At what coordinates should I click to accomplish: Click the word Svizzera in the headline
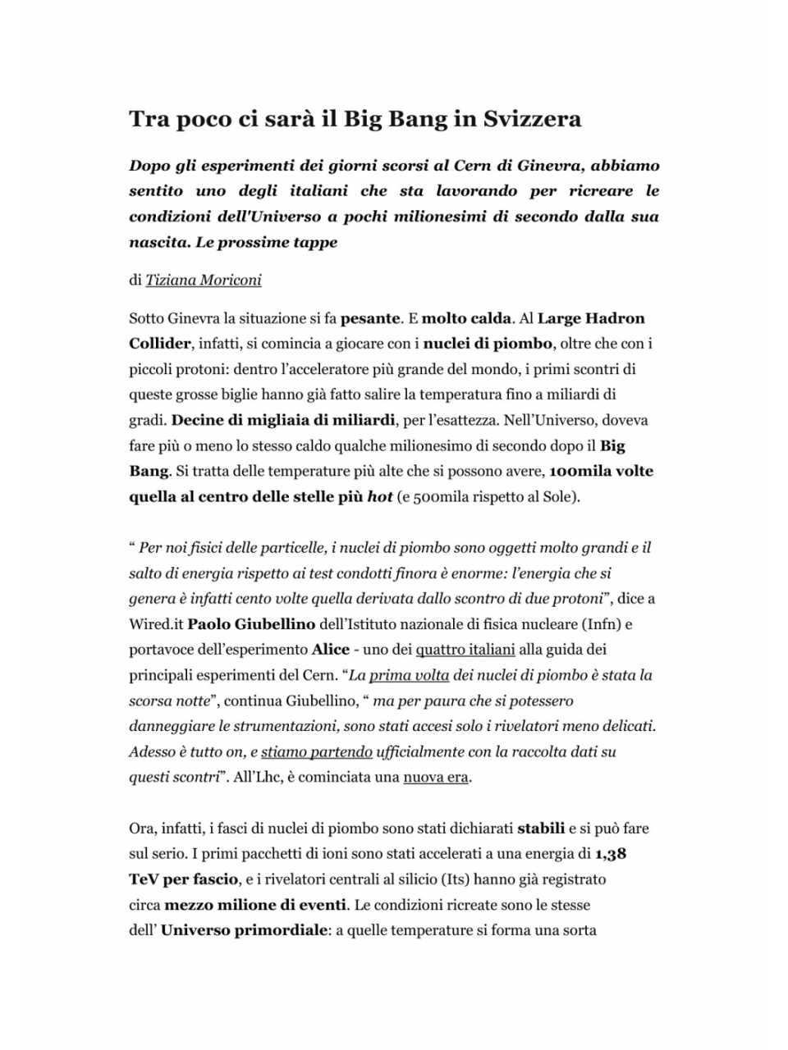click(x=532, y=120)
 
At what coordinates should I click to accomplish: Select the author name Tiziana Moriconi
click(x=204, y=281)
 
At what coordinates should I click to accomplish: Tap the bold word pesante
click(x=370, y=318)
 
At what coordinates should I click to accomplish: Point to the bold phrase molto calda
click(x=466, y=318)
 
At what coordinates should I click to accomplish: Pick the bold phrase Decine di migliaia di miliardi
click(x=283, y=421)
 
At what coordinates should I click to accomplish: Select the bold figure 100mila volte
click(x=601, y=472)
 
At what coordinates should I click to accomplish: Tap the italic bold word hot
click(x=379, y=497)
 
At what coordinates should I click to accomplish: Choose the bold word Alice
click(x=330, y=650)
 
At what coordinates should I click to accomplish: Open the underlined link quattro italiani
click(x=465, y=650)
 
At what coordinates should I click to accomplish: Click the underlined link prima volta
click(x=409, y=675)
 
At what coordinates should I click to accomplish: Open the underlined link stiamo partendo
click(x=317, y=751)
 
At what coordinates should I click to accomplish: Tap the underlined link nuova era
click(x=436, y=777)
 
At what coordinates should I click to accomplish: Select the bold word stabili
click(x=541, y=829)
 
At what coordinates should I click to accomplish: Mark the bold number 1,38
click(x=611, y=854)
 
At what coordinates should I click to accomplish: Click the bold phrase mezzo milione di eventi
click(x=255, y=906)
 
